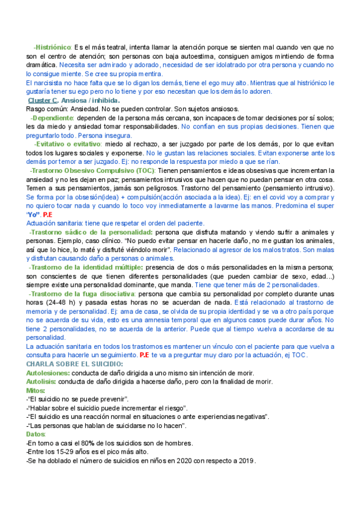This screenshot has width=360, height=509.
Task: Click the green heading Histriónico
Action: (x=52, y=47)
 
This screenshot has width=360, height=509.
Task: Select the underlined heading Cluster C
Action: (x=43, y=100)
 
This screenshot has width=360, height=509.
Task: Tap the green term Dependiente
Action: (x=52, y=118)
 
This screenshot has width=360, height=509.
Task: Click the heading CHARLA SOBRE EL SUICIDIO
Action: (x=75, y=364)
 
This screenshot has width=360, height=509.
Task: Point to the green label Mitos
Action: (x=37, y=391)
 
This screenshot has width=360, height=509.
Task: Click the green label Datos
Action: (x=37, y=434)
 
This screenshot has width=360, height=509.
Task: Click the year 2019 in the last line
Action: (x=246, y=461)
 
